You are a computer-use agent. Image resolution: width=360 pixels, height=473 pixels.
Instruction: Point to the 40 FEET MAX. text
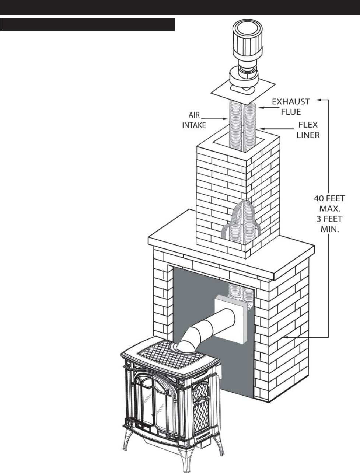coord(326,203)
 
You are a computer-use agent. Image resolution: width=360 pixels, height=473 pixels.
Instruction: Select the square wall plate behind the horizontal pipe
coord(231,319)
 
